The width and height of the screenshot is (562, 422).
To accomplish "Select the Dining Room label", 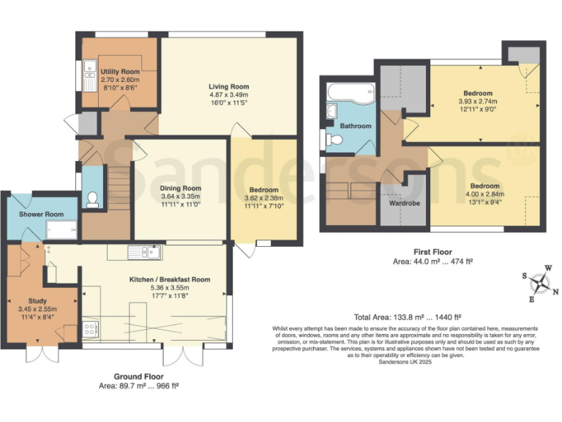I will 181,188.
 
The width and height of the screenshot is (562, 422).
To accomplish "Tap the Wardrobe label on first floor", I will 404,203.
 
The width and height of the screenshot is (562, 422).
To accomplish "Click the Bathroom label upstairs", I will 356,126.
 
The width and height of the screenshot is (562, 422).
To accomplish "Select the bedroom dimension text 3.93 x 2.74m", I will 478,102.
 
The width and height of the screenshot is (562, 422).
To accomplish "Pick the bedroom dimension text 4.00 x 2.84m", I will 485,194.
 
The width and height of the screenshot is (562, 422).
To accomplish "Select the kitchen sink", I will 139,253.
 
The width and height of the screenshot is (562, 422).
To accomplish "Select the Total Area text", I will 408,317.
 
